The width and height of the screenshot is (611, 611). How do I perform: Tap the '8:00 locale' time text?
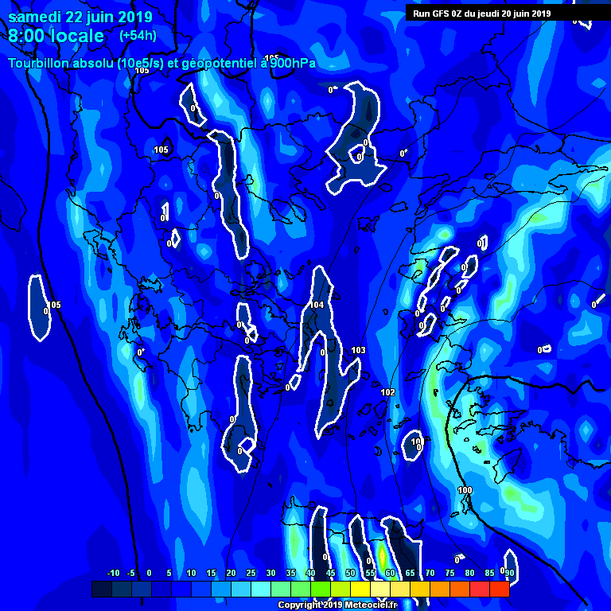[56, 36]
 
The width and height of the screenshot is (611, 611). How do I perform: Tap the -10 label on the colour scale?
[113, 573]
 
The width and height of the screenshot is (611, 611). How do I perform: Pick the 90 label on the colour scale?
[508, 573]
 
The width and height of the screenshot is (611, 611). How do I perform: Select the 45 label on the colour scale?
[330, 573]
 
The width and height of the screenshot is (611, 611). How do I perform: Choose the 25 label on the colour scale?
[251, 573]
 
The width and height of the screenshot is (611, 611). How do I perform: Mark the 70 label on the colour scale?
[430, 573]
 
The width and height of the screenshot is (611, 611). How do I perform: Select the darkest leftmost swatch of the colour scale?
[101, 589]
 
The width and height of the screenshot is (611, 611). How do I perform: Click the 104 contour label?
[317, 305]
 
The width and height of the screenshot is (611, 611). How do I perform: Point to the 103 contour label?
[358, 350]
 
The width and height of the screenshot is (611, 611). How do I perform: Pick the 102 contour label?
[387, 392]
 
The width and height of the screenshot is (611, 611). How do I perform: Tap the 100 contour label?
[465, 490]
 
